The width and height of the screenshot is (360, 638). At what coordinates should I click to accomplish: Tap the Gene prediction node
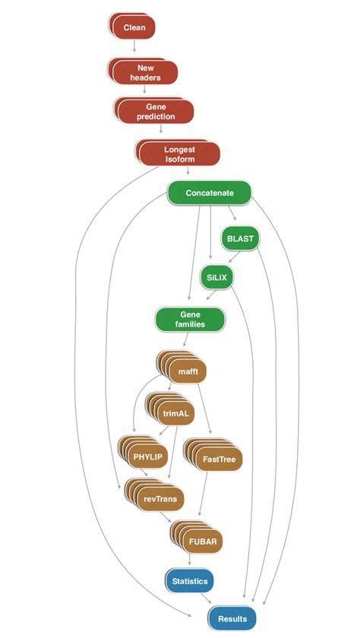point(154,111)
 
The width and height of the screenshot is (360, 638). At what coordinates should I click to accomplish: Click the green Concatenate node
point(210,193)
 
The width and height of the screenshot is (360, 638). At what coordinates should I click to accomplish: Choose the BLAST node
point(240,238)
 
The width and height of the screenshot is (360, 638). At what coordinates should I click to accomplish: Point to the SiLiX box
point(216,278)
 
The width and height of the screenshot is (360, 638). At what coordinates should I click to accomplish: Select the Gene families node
point(190,320)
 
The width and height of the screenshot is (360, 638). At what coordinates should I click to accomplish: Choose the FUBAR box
point(197,537)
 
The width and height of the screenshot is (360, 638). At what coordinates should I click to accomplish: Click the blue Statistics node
point(190,581)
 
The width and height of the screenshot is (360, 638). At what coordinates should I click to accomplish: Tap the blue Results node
point(232,618)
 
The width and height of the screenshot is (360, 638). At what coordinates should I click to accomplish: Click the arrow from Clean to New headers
point(134,46)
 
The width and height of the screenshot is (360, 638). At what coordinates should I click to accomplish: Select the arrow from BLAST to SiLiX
point(235,257)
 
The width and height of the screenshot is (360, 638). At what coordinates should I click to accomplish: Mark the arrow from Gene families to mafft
point(186,339)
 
